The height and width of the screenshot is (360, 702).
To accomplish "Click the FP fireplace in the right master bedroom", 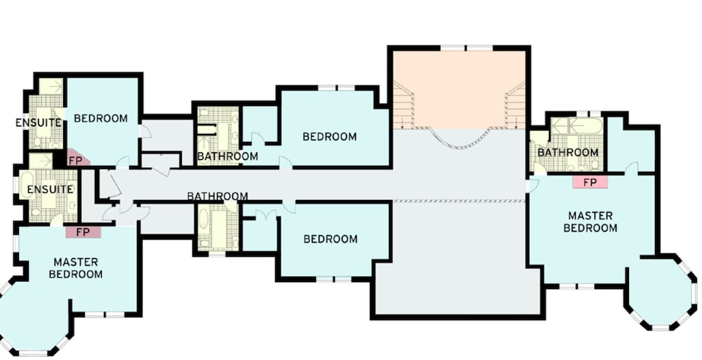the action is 590,182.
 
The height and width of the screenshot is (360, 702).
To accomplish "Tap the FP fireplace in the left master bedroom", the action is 84,232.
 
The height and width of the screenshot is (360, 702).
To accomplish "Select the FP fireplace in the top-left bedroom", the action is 77,158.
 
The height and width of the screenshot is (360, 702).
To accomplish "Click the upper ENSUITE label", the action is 39,123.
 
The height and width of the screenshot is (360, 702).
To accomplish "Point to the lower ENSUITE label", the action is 50,189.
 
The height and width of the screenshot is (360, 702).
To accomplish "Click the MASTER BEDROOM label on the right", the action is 590,222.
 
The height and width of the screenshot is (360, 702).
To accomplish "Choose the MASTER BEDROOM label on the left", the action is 76,268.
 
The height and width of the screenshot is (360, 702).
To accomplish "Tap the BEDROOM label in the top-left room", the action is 100,119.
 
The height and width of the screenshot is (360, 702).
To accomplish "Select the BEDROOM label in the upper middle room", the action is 330,137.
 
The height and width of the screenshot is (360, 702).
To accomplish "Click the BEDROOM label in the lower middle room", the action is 331,239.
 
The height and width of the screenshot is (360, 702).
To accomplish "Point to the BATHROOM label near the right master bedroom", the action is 568,153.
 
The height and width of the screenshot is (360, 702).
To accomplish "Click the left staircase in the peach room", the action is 404,105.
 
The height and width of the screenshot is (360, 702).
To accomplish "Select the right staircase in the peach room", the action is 515,105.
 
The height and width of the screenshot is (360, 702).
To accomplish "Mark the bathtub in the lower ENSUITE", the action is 25,185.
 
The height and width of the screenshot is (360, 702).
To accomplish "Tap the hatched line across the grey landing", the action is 459,201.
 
